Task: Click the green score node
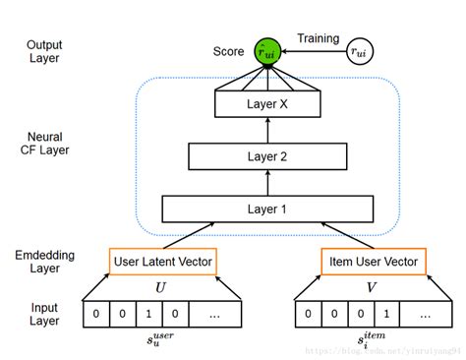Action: click(265, 51)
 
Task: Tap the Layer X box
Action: click(264, 103)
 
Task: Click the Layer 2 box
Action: click(264, 155)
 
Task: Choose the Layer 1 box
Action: click(264, 209)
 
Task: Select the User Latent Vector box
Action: click(161, 262)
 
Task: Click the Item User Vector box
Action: click(369, 262)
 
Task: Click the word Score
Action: click(228, 50)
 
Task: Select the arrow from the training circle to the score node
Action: click(313, 51)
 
